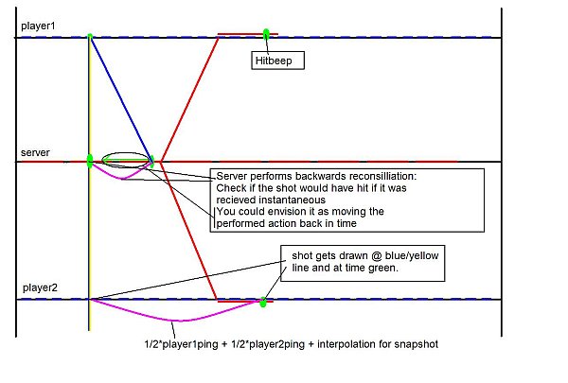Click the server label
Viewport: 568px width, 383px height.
pyautogui.click(x=35, y=151)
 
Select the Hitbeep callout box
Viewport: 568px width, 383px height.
pyautogui.click(x=278, y=60)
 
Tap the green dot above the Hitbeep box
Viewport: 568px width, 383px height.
pyautogui.click(x=266, y=34)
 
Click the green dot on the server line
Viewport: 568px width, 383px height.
pyautogui.click(x=90, y=162)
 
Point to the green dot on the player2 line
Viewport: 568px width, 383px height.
pyautogui.click(x=263, y=303)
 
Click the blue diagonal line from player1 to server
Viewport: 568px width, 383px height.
pyautogui.click(x=120, y=98)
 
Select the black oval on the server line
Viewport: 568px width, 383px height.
pyautogui.click(x=127, y=159)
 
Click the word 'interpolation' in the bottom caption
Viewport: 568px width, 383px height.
pyautogui.click(x=341, y=344)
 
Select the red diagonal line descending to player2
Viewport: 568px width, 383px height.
pyautogui.click(x=189, y=232)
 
